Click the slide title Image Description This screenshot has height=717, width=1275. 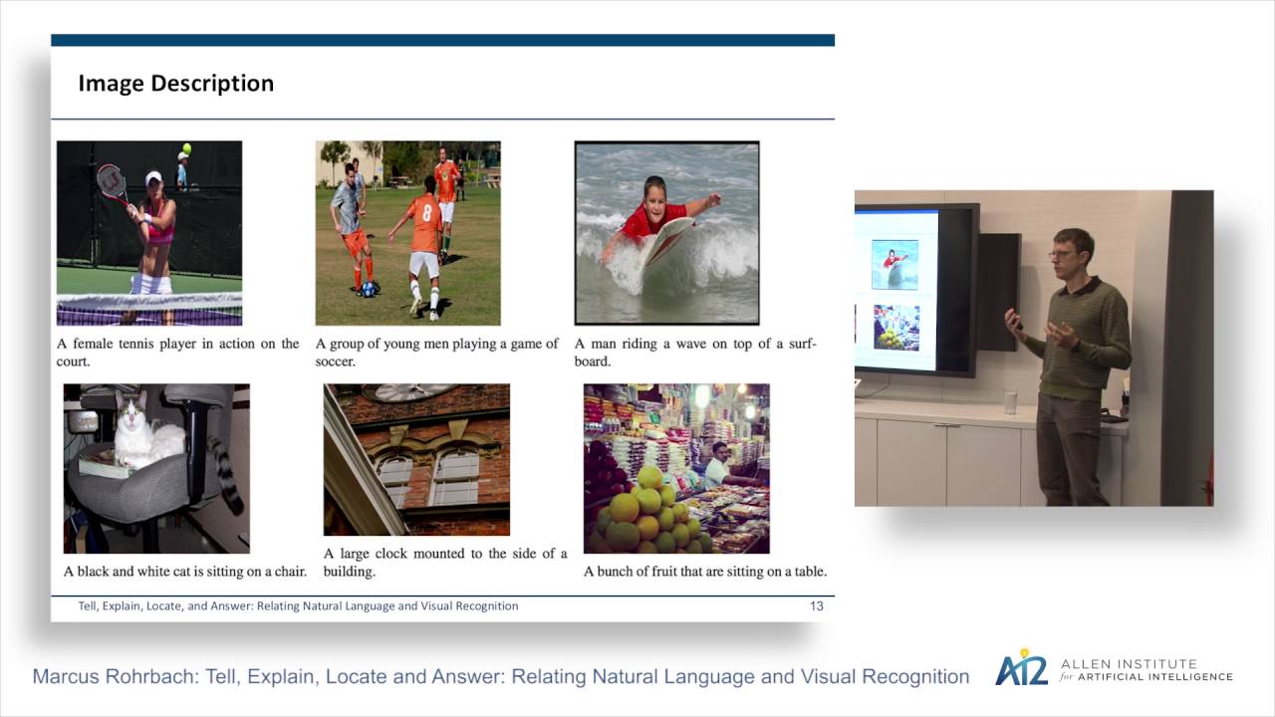(175, 84)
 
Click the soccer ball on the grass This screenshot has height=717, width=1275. (369, 289)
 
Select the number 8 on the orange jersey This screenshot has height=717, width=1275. (426, 212)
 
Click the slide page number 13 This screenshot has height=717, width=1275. (817, 605)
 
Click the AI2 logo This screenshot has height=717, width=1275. (1022, 669)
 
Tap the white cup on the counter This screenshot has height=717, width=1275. (1010, 402)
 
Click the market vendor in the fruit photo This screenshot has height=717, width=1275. (716, 463)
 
